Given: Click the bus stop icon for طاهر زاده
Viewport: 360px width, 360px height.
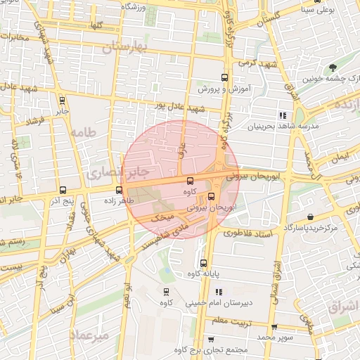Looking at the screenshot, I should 119,189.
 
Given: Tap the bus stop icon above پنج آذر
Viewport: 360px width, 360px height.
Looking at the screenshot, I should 63,190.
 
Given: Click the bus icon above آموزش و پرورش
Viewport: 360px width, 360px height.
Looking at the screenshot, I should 224,77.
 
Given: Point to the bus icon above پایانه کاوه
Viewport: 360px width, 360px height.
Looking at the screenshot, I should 203,264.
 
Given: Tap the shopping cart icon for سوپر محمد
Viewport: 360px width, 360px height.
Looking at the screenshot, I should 274,327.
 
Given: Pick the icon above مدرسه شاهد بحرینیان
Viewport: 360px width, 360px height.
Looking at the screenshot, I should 283,115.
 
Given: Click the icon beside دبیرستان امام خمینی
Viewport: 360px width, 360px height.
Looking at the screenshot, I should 219,292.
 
